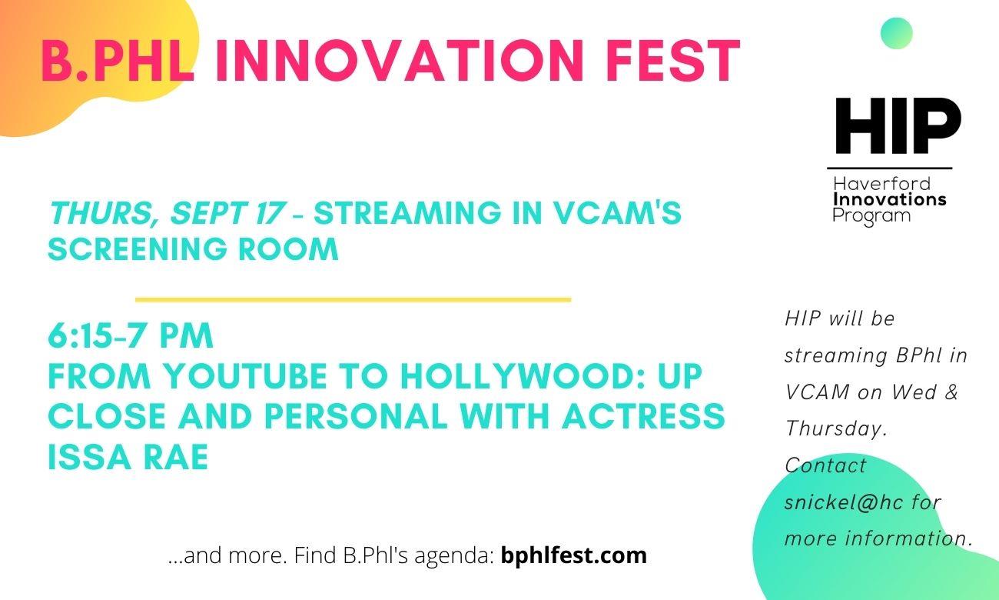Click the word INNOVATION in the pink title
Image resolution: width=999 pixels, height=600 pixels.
coord(399,62)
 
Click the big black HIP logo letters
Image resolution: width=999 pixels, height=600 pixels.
coord(898,125)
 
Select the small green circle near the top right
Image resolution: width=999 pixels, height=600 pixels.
coord(897,33)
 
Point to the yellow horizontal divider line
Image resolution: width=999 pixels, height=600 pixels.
coord(353,299)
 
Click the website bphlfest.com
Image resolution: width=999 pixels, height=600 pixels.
coord(573,555)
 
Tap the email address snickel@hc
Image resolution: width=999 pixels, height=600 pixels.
coord(844,502)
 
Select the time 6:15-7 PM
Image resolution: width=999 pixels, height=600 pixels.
coord(130,335)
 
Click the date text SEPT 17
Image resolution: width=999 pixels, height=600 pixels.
coord(227,212)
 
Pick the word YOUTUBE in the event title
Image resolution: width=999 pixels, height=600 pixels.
coord(245,376)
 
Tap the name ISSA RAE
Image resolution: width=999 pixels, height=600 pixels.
coord(128,457)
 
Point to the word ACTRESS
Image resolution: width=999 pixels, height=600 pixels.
coord(642,416)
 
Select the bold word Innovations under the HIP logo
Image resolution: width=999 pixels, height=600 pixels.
coord(889,199)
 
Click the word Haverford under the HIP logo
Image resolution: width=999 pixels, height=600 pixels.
coord(881,184)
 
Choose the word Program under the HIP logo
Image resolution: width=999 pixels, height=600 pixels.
coord(871,216)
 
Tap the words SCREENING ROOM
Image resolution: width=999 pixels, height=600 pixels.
coord(193,248)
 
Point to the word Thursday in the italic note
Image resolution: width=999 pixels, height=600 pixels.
coord(836,429)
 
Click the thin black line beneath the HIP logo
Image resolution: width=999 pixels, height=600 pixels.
coord(889,168)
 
